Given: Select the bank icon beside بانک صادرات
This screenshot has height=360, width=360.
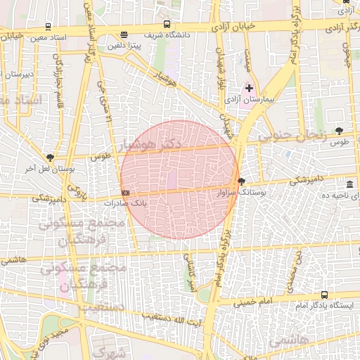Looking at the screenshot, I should click(125, 192).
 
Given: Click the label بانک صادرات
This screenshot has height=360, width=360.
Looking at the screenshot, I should click(124, 202).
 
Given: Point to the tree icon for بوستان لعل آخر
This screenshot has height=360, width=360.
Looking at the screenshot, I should click(49, 157).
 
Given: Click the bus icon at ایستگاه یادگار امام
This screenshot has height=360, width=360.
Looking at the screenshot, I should click(324, 295).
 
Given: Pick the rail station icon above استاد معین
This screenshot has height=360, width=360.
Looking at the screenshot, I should click(47, 26).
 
